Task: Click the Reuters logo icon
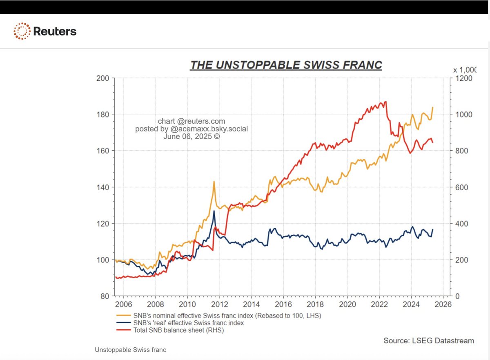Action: pyautogui.click(x=22, y=31)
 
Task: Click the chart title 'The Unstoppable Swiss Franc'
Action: pyautogui.click(x=286, y=65)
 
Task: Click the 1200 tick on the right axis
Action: pyautogui.click(x=463, y=78)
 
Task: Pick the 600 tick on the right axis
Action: pyautogui.click(x=461, y=187)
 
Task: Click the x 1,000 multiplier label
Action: pyautogui.click(x=465, y=70)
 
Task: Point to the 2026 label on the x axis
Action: pyautogui.click(x=443, y=304)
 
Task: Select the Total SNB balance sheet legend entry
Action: pyautogui.click(x=178, y=330)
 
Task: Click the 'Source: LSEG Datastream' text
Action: pyautogui.click(x=429, y=340)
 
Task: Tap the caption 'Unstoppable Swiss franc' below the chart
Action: pyautogui.click(x=130, y=350)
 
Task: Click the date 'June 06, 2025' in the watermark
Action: pyautogui.click(x=192, y=136)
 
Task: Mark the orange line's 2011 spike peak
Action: pyautogui.click(x=214, y=181)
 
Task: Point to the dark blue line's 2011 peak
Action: pyautogui.click(x=214, y=211)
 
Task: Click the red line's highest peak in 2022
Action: pyautogui.click(x=385, y=102)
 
